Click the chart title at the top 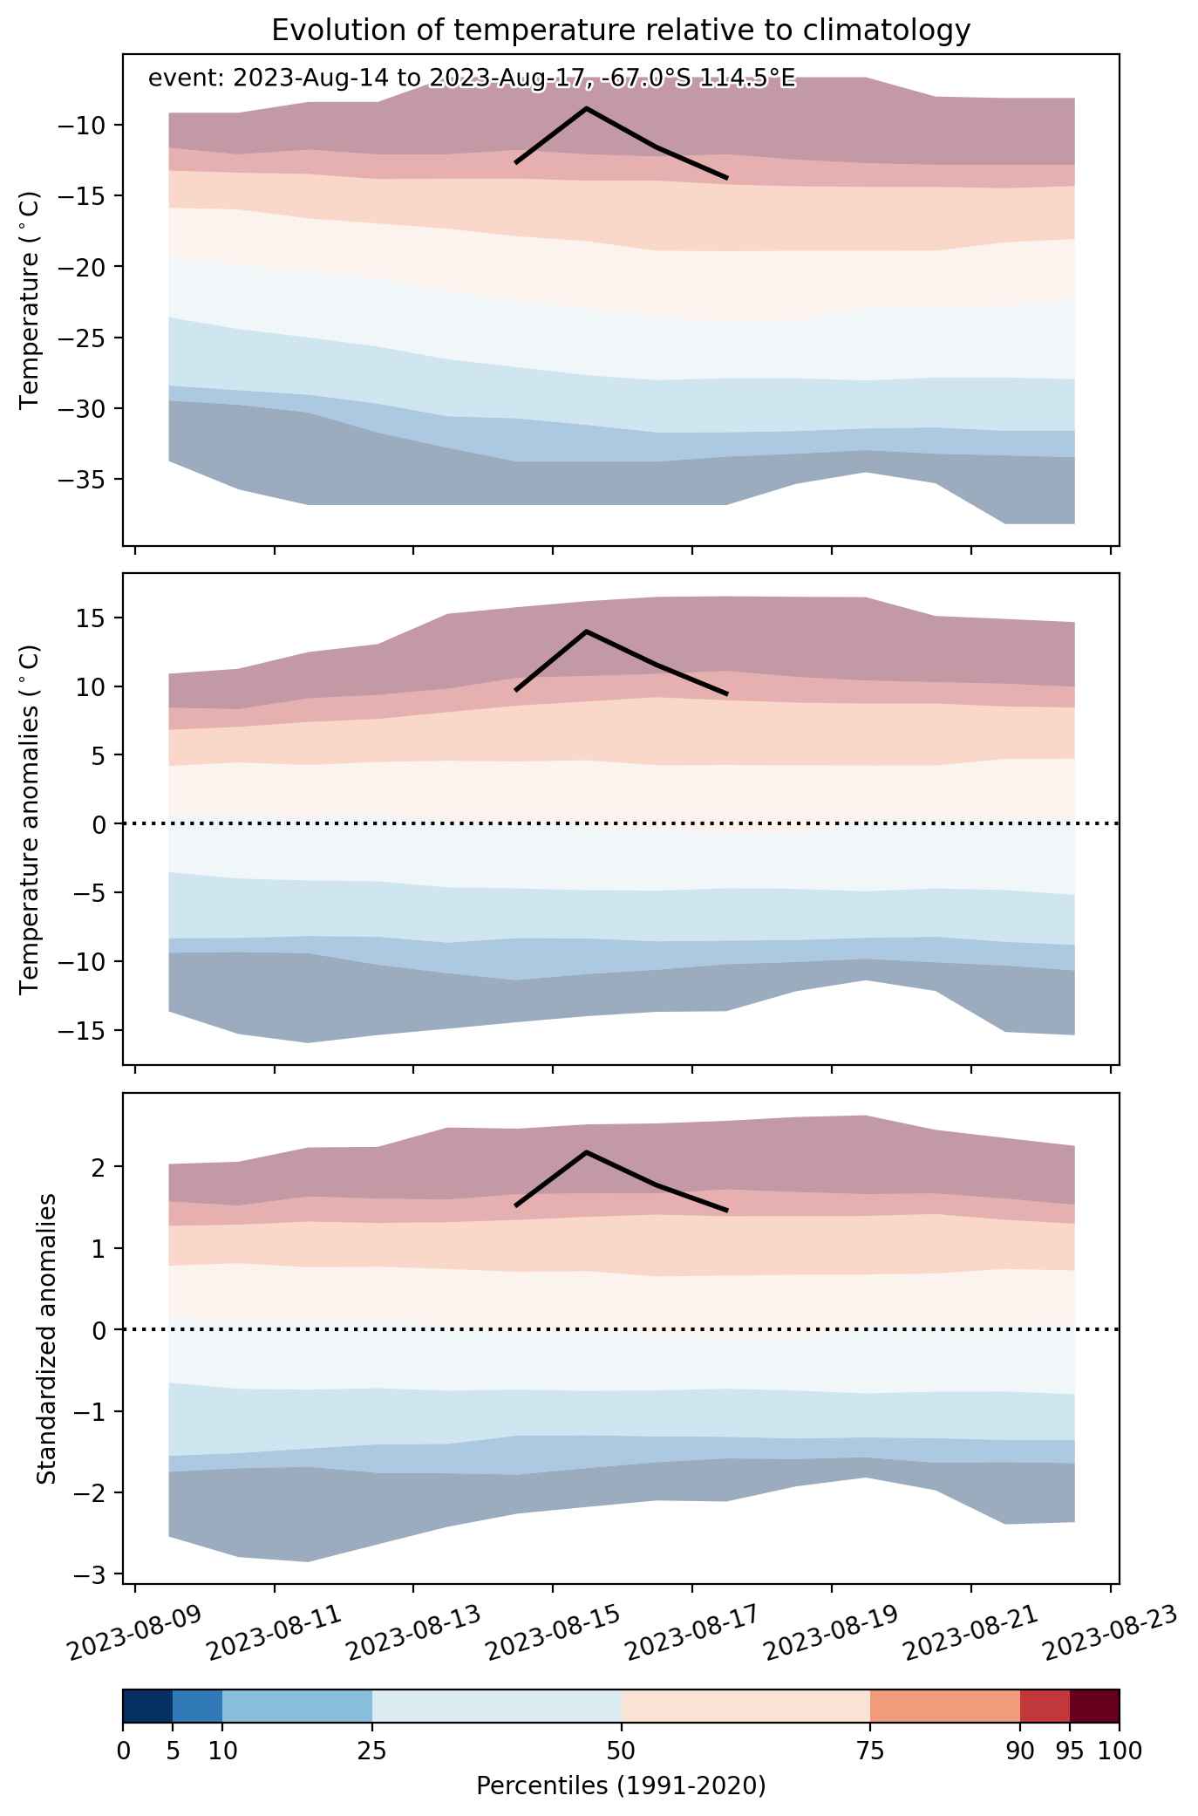[621, 30]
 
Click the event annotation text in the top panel [472, 79]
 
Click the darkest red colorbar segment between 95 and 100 [1094, 1706]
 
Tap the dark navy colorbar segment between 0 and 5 [148, 1706]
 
